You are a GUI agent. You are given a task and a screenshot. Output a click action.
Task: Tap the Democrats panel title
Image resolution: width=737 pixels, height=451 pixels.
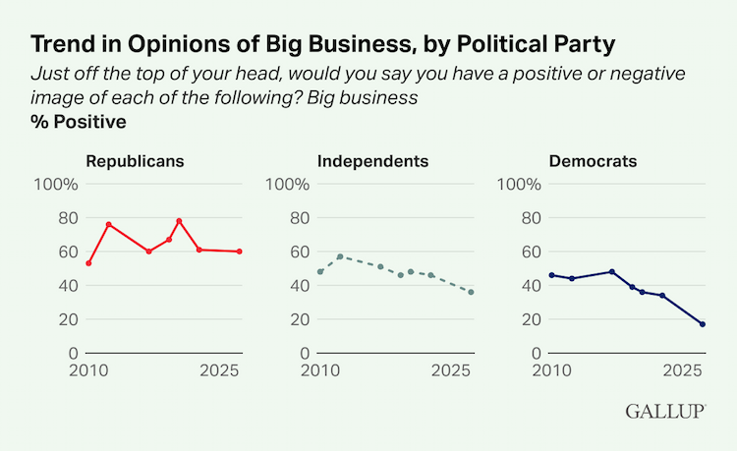coord(592,161)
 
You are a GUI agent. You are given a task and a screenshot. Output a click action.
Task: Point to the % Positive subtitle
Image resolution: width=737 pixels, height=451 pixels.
coord(79,123)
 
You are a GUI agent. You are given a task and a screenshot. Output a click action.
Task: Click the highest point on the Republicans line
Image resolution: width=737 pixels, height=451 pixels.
coord(179,220)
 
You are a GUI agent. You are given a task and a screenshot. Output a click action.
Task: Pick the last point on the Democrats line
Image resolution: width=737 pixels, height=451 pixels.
coord(703,324)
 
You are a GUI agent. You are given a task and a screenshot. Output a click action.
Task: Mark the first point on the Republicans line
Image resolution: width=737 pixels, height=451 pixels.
coord(88,263)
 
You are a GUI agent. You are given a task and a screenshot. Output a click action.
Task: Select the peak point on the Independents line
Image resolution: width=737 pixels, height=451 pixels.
coord(340,256)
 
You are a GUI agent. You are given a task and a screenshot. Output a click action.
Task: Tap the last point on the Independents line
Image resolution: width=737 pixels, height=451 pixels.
coord(471,292)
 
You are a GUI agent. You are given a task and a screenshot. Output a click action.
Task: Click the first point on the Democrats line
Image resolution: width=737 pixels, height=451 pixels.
coord(552,275)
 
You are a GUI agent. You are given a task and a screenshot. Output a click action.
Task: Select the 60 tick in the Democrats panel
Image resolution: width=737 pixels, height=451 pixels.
coord(531,252)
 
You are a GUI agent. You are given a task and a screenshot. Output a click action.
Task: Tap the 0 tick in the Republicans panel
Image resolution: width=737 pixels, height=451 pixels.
coord(73,353)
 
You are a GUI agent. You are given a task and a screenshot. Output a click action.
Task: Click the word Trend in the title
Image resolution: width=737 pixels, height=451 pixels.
coord(63,44)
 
